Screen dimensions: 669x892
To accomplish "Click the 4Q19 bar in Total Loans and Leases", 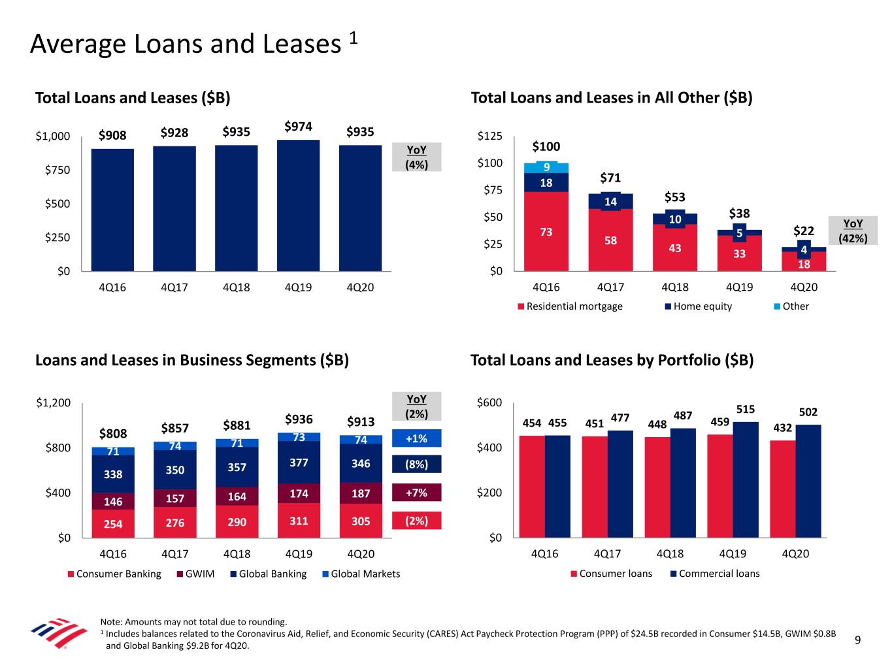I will click(298, 205).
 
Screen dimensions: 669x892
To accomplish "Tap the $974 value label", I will click(298, 125).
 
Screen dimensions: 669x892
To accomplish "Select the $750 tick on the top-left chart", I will click(53, 170).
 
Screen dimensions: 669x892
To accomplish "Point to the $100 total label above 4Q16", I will click(546, 146).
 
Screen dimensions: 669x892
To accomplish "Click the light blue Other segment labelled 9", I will click(546, 167).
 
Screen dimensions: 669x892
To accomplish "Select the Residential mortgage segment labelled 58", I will click(610, 240).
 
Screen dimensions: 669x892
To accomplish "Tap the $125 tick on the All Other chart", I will click(490, 136).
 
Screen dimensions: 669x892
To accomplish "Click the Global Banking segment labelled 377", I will click(299, 463).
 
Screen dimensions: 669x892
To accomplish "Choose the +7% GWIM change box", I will click(416, 493).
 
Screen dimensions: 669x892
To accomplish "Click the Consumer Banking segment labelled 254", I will click(113, 523).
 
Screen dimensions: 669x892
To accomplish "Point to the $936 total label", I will click(299, 419).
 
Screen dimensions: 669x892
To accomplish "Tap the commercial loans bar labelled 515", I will click(746, 480).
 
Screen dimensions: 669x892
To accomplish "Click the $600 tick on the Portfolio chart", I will click(490, 402).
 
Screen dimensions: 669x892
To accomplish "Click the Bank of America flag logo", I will click(59, 633).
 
